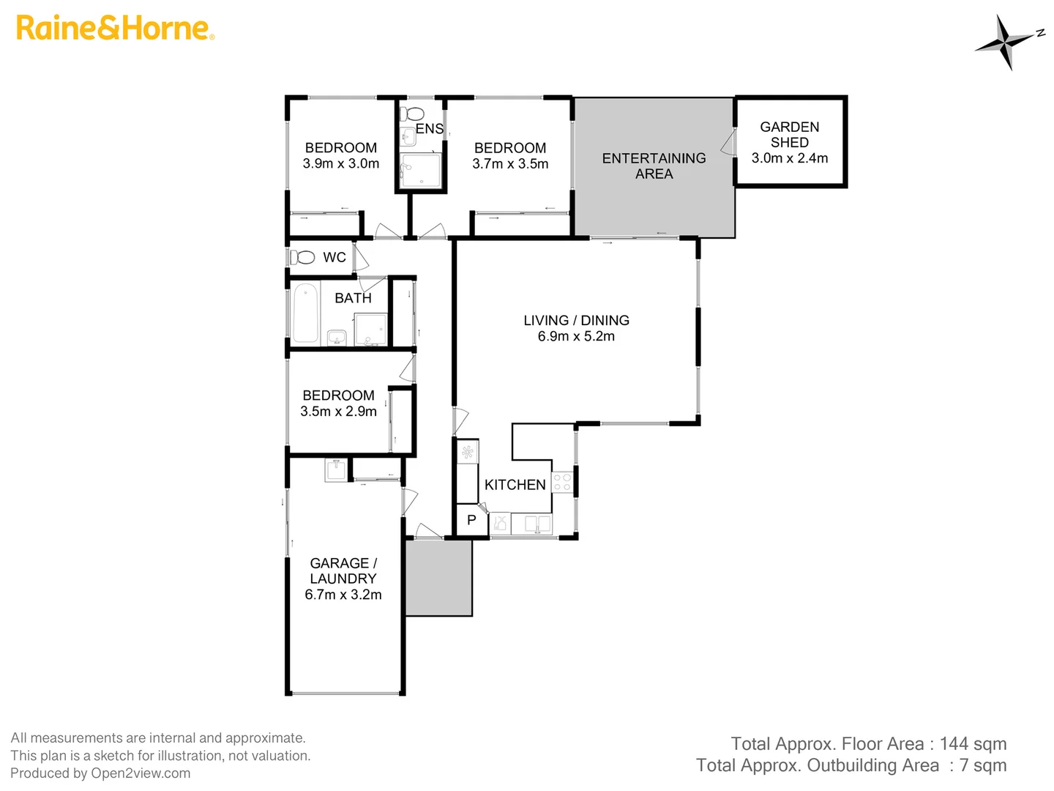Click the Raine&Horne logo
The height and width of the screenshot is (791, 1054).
click(x=115, y=29)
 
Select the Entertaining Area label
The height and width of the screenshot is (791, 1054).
click(x=654, y=166)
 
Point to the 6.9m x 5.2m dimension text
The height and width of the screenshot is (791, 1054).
click(x=576, y=337)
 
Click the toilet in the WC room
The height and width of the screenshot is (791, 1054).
click(x=302, y=258)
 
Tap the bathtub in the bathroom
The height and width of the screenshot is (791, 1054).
click(x=305, y=313)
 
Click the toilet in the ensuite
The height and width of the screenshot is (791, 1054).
click(x=414, y=114)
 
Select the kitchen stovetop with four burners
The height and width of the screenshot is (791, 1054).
click(x=562, y=483)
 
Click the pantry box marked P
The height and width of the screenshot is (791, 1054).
click(x=472, y=521)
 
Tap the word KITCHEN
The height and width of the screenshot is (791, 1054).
click(x=515, y=485)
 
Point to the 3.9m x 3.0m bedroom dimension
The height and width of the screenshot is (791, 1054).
click(x=341, y=164)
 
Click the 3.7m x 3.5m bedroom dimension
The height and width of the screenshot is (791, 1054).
click(x=510, y=164)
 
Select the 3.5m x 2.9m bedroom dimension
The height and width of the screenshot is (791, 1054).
click(x=338, y=412)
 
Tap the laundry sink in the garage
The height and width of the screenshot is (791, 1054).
click(x=336, y=469)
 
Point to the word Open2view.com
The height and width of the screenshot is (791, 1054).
click(x=141, y=773)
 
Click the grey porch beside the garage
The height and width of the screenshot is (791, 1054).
click(x=438, y=578)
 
